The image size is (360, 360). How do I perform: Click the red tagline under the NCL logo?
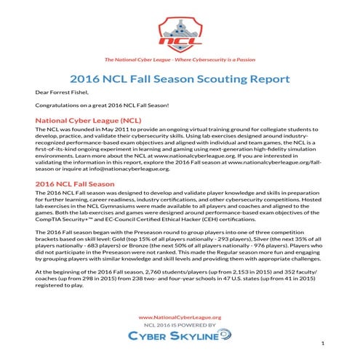tap(179, 60)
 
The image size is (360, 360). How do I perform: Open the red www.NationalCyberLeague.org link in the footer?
tap(179, 316)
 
